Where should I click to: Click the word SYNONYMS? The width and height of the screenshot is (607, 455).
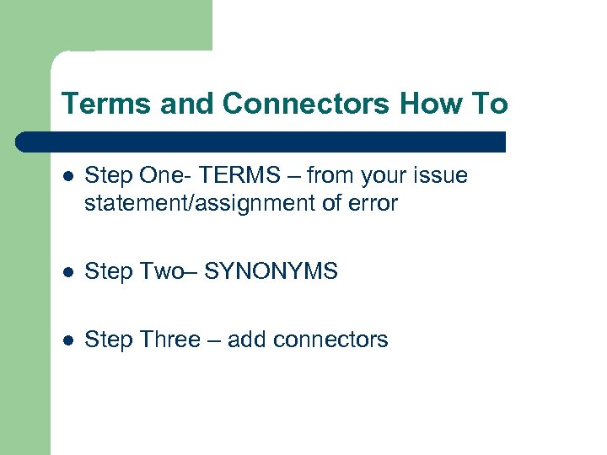point(271,271)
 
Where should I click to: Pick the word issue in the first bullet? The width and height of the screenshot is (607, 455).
point(443,175)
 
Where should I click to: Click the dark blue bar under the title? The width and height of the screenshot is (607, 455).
point(261,142)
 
